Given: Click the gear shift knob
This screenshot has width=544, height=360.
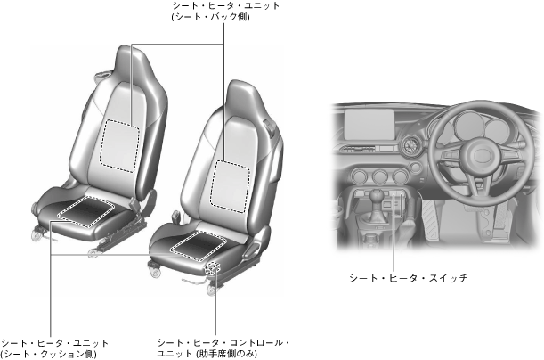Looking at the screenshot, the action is point(378,194).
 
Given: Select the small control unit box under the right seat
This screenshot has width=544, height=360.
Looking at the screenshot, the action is point(214,267).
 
